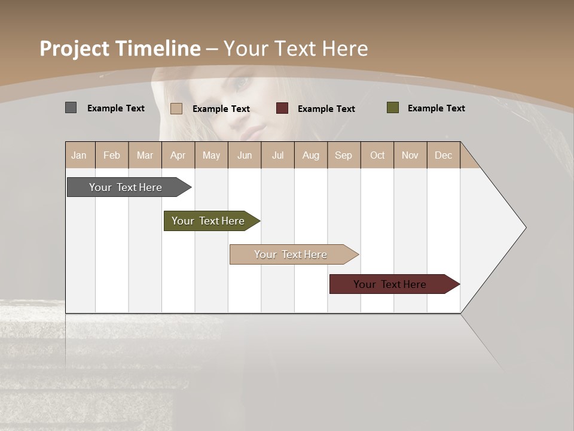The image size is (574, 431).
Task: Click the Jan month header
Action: (80, 155)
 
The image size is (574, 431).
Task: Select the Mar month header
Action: (145, 155)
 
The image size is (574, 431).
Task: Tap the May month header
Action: (211, 155)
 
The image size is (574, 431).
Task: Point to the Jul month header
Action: (277, 155)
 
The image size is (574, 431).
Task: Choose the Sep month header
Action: (343, 155)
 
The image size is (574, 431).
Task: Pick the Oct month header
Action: (377, 155)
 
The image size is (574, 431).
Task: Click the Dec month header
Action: (443, 155)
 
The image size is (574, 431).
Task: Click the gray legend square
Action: (71, 108)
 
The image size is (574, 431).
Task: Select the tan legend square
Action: (176, 108)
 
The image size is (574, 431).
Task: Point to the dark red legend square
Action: (282, 108)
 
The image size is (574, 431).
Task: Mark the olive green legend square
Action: (393, 108)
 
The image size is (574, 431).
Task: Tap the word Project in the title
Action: (75, 48)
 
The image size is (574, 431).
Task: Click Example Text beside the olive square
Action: (436, 108)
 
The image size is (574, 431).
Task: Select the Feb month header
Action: (112, 155)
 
